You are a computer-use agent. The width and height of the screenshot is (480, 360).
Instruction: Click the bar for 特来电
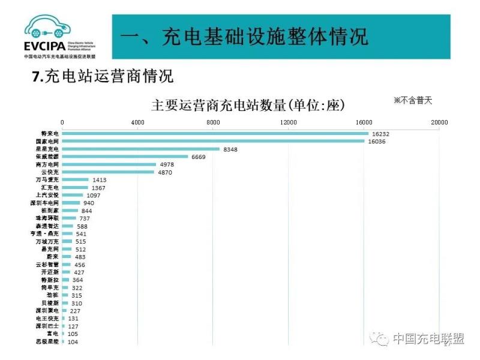[216, 133]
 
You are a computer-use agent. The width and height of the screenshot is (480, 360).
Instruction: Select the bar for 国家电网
[214, 141]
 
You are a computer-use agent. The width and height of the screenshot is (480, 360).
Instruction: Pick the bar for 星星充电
[141, 149]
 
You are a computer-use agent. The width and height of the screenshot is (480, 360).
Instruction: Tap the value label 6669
[198, 157]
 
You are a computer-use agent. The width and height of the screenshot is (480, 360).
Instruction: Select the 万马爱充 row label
[48, 180]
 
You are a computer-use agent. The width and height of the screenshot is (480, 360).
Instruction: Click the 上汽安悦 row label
[48, 196]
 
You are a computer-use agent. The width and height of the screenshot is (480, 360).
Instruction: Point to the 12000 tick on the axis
[289, 122]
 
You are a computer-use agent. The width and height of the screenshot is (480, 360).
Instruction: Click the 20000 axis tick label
[439, 122]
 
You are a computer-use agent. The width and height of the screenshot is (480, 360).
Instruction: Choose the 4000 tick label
[137, 122]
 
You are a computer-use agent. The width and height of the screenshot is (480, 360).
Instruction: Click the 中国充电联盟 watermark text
[428, 339]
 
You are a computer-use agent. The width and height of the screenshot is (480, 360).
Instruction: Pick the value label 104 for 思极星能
[73, 341]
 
